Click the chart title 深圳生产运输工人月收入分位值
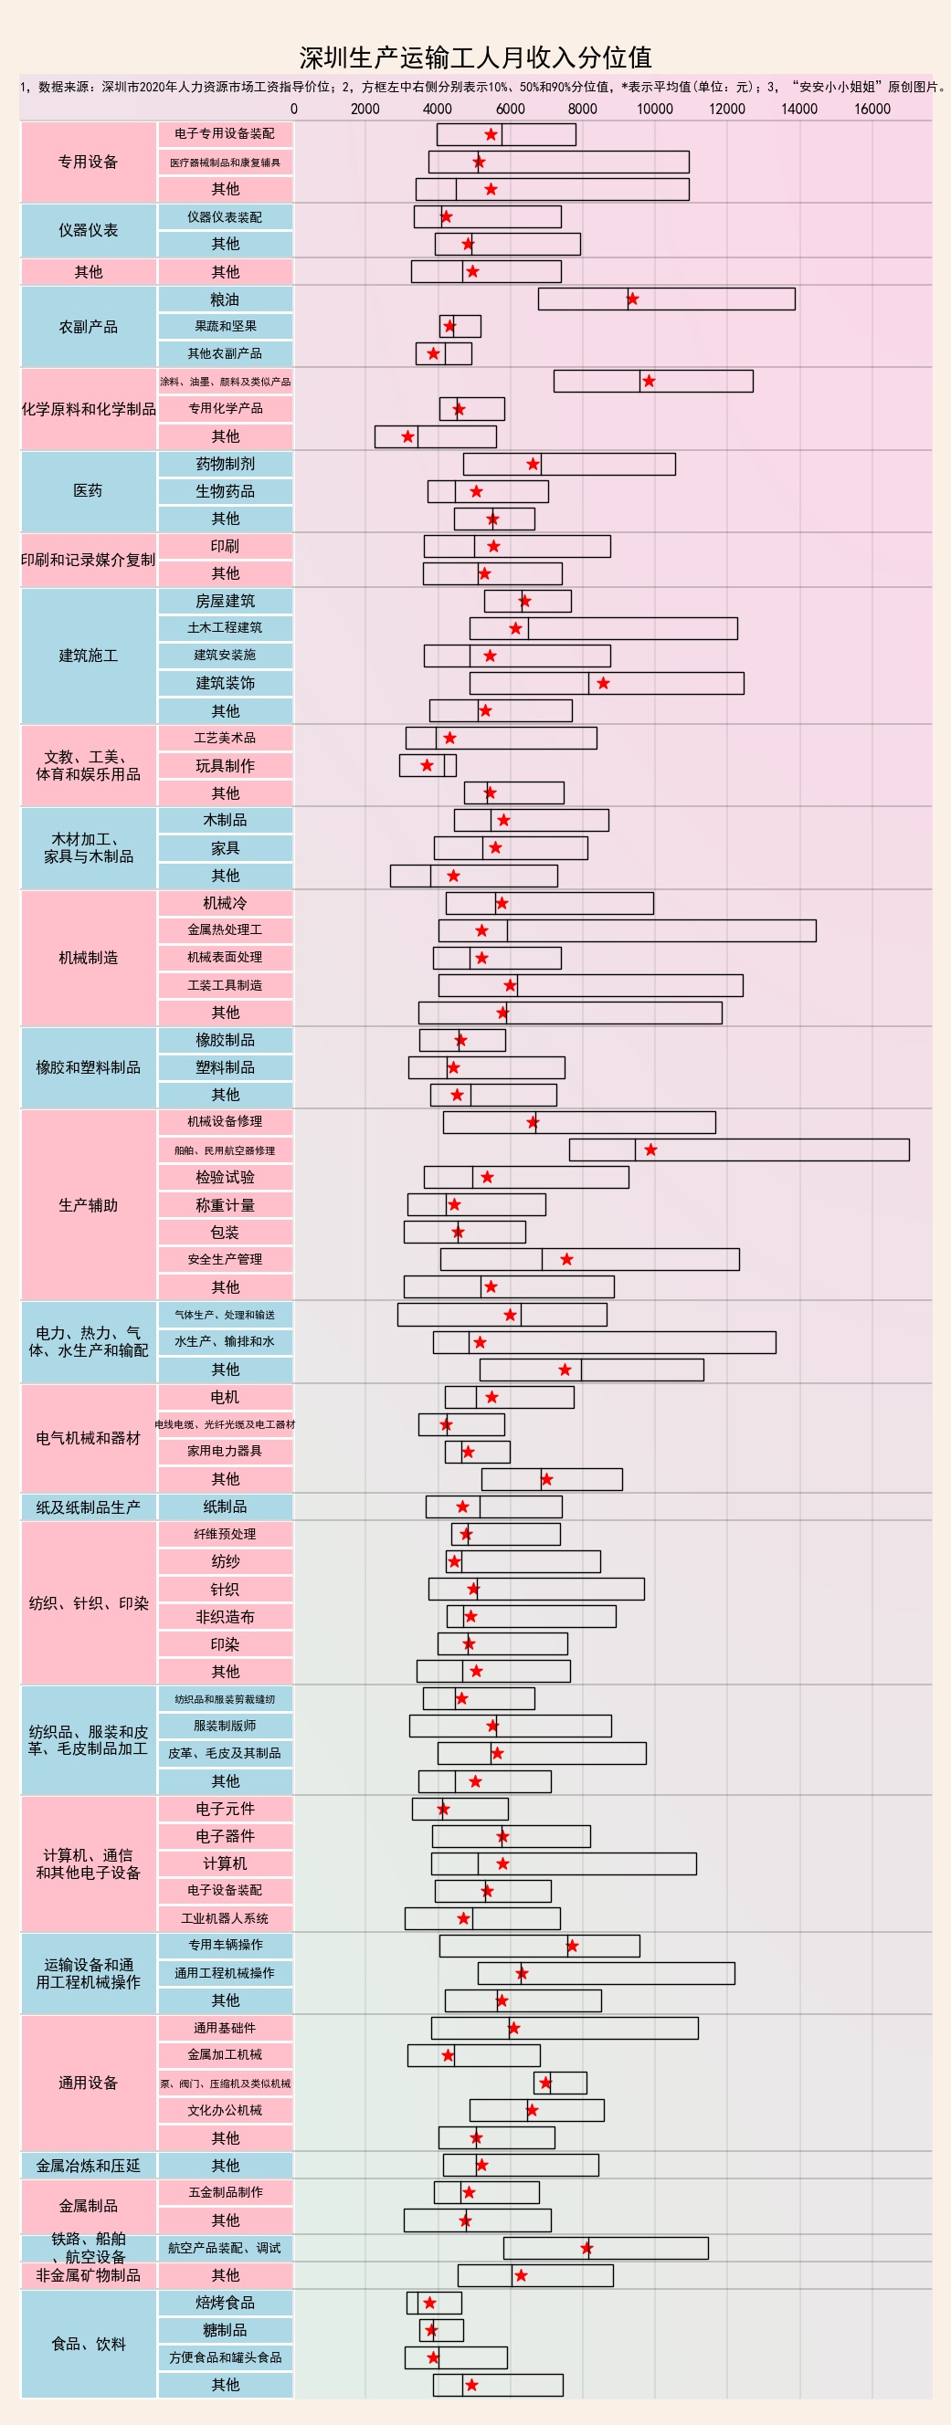pyautogui.click(x=475, y=58)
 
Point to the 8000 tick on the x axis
pyautogui.click(x=582, y=109)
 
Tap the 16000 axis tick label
pyautogui.click(x=871, y=109)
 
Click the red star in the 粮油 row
pyautogui.click(x=633, y=299)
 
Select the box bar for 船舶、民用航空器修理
pyautogui.click(x=738, y=1150)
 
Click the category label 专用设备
pyautogui.click(x=88, y=162)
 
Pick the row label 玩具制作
pyautogui.click(x=225, y=765)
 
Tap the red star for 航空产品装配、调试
pyautogui.click(x=586, y=2248)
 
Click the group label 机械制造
pyautogui.click(x=88, y=958)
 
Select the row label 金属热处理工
pyautogui.click(x=225, y=930)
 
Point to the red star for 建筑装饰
pyautogui.click(x=604, y=684)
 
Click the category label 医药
pyautogui.click(x=88, y=490)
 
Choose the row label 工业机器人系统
pyautogui.click(x=225, y=1917)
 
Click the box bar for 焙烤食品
pyautogui.click(x=434, y=2303)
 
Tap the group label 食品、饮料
pyautogui.click(x=88, y=2343)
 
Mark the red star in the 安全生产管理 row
pyautogui.click(x=566, y=1260)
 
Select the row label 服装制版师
pyautogui.click(x=225, y=1726)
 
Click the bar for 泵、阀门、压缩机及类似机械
pyautogui.click(x=560, y=2083)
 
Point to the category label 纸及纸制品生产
pyautogui.click(x=88, y=1507)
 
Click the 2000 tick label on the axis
pyautogui.click(x=365, y=109)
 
